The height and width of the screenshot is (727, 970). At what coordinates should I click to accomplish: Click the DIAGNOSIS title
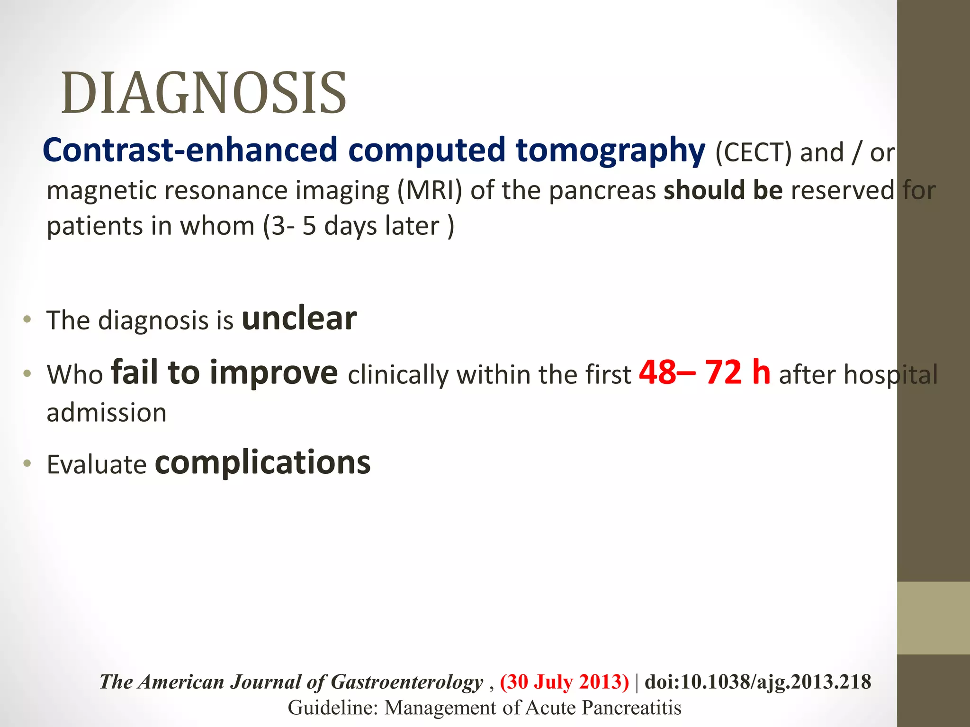pos(204,93)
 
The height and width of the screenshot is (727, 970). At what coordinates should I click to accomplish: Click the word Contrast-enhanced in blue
pos(189,151)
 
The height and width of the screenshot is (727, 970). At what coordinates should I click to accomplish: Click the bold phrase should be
pos(723,190)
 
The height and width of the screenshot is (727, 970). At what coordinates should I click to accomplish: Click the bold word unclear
pos(299,319)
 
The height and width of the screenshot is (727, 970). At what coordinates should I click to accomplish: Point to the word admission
pos(107,413)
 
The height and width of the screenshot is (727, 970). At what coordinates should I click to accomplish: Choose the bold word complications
pos(263,463)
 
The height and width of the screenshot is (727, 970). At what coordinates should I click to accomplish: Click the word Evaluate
pos(97,464)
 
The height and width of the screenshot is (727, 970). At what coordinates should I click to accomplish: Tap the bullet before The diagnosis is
pos(27,319)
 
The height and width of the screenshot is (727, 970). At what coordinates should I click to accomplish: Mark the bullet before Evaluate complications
pos(27,463)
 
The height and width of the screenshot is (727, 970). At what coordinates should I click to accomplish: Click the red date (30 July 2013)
pos(564,682)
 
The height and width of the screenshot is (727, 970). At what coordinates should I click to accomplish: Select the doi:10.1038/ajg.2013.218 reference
pos(758,682)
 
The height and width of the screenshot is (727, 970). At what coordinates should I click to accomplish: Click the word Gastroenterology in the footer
pos(406,682)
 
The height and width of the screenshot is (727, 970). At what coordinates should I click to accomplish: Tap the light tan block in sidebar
pos(933,618)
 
